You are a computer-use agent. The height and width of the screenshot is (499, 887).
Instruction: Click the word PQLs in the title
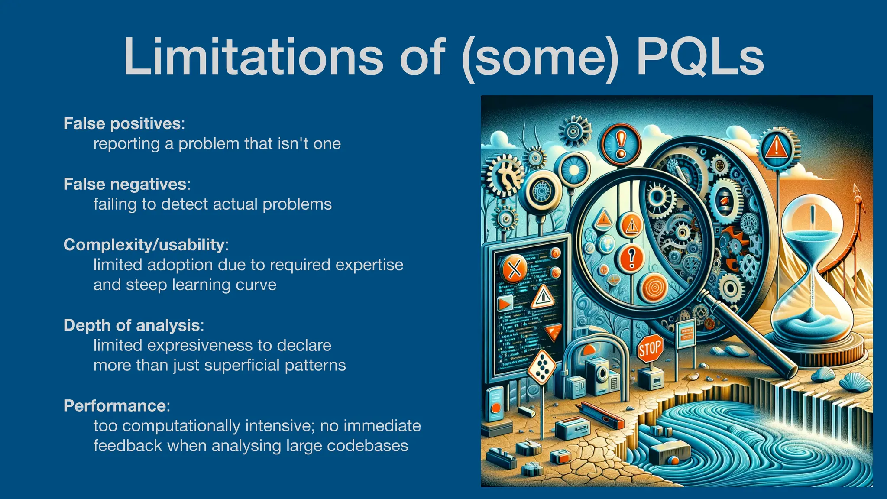(x=699, y=57)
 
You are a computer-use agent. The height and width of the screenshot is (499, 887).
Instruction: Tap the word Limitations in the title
(x=253, y=57)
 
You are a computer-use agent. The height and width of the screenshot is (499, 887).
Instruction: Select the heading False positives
(x=122, y=123)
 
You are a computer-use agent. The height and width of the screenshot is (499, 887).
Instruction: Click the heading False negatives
(x=125, y=184)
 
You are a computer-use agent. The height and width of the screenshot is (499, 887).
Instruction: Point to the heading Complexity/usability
(x=144, y=245)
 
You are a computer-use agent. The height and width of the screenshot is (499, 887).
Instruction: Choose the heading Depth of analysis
(x=132, y=325)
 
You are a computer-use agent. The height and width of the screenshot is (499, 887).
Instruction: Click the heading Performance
(x=115, y=406)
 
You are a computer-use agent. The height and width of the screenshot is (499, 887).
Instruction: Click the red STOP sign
(x=650, y=348)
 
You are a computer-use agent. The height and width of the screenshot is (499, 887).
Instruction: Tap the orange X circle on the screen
(x=514, y=269)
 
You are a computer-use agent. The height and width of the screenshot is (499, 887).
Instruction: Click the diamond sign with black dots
(x=541, y=367)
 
